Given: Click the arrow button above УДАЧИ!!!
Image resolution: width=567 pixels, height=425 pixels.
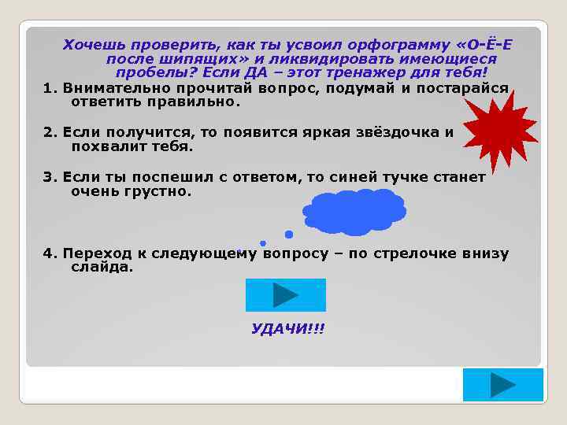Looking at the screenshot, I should pyautogui.click(x=285, y=295).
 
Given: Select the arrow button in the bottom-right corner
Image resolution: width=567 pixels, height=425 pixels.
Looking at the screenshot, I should pyautogui.click(x=502, y=385).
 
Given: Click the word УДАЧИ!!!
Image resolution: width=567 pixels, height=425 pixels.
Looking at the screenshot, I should pyautogui.click(x=287, y=328).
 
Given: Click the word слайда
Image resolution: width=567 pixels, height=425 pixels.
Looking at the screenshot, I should pyautogui.click(x=102, y=268).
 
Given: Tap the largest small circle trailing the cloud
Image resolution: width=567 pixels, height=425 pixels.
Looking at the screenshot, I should pyautogui.click(x=289, y=234).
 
